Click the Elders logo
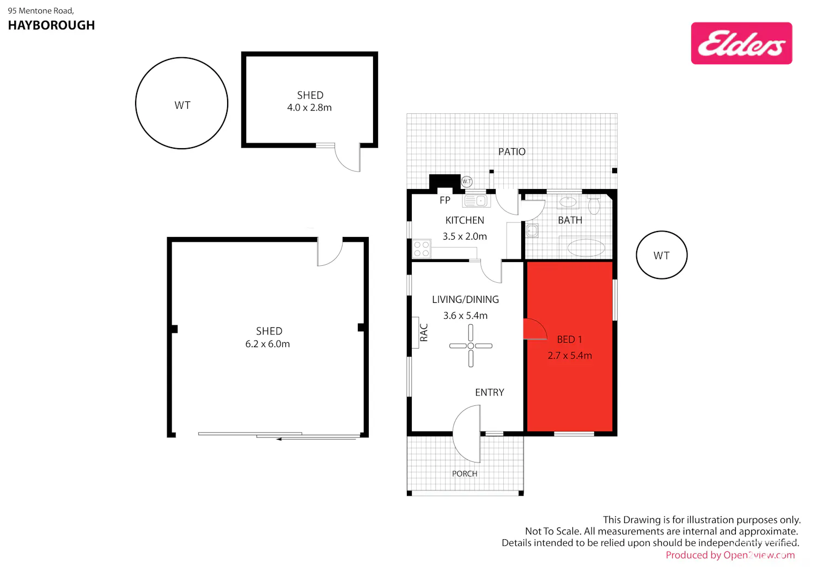tap(741, 43)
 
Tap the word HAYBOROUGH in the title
tap(51, 25)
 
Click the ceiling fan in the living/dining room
tap(471, 345)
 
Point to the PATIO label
tap(512, 151)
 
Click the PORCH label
tap(464, 473)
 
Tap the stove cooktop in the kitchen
tap(421, 248)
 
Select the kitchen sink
tap(477, 200)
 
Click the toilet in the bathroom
tap(594, 205)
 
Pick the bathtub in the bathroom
tap(586, 247)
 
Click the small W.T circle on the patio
tap(466, 181)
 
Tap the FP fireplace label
tap(444, 200)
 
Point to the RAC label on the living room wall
tap(423, 332)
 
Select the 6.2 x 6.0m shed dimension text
tap(267, 344)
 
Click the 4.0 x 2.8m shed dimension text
tap(309, 108)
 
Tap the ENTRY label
tap(490, 392)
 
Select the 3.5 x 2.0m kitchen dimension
tap(465, 236)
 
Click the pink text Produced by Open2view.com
tap(730, 555)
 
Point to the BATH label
tap(570, 220)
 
